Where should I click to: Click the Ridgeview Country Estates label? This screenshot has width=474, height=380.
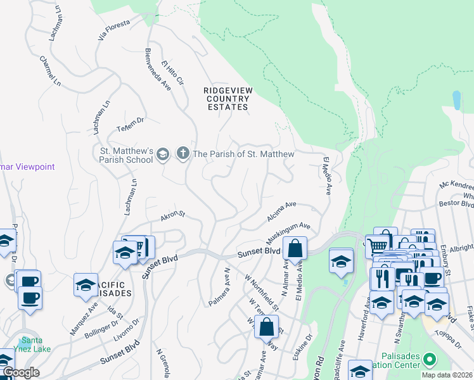click(x=227, y=99)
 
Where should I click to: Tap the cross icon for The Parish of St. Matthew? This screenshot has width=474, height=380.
click(x=183, y=153)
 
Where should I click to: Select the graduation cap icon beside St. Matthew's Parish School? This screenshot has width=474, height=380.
click(x=163, y=154)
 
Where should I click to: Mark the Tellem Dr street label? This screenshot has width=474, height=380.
click(x=131, y=122)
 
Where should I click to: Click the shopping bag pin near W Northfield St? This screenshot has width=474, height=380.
click(x=267, y=326)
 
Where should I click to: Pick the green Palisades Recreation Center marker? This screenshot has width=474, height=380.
click(x=429, y=359)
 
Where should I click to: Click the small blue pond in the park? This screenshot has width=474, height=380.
click(x=456, y=99)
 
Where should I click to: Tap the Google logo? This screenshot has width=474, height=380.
click(x=20, y=372)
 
